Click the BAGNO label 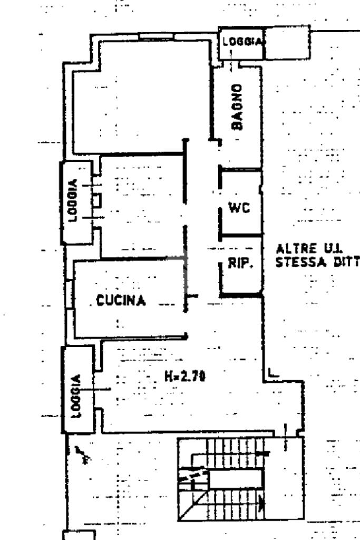pos(238,107)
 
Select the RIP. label pos(240,264)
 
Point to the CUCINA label pos(121,301)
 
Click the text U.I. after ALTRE pos(332,248)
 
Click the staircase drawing pos(232,480)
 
